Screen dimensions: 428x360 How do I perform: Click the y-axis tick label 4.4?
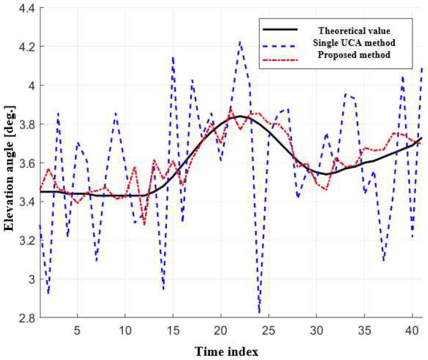tap(27, 9)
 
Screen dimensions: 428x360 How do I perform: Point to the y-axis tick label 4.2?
tap(27, 47)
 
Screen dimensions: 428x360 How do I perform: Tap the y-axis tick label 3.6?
tap(27, 163)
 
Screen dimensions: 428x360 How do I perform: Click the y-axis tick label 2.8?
tap(27, 318)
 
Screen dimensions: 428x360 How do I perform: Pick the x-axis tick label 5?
tap(77, 331)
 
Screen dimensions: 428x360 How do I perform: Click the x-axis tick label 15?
tap(173, 331)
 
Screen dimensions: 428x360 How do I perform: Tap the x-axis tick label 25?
tap(269, 331)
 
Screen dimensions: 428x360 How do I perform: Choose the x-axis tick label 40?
tap(412, 331)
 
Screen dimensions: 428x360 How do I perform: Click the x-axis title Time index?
tap(227, 351)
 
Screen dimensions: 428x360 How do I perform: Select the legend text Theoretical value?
tap(354, 31)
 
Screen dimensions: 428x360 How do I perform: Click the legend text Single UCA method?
tap(354, 43)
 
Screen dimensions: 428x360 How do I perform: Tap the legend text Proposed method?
tap(354, 55)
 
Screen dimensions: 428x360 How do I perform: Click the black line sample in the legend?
tap(280, 29)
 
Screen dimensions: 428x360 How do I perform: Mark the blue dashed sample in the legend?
tap(280, 46)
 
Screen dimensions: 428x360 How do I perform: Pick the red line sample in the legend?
tap(280, 59)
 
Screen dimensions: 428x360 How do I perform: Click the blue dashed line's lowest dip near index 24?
tap(259, 312)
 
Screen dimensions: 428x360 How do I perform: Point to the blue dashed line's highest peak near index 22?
tap(240, 41)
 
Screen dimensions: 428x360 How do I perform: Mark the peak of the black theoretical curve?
tap(240, 116)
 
